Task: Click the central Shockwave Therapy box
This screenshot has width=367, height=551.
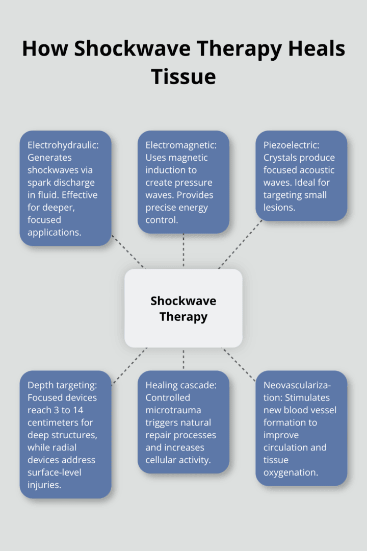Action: pyautogui.click(x=183, y=308)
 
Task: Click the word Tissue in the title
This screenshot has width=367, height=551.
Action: pyautogui.click(x=183, y=77)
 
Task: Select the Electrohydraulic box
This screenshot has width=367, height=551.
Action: pyautogui.click(x=65, y=188)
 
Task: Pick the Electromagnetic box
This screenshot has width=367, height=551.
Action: pyautogui.click(x=183, y=182)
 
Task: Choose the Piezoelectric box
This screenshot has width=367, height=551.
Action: pyautogui.click(x=301, y=176)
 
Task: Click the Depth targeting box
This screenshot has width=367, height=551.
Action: pyautogui.click(x=65, y=434)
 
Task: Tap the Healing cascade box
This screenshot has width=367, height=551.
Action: pyautogui.click(x=183, y=422)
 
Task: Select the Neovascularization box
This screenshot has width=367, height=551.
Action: pyautogui.click(x=301, y=428)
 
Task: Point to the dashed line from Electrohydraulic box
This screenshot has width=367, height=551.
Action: pyautogui.click(x=127, y=256)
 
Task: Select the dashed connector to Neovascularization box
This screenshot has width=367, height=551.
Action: pyautogui.click(x=239, y=365)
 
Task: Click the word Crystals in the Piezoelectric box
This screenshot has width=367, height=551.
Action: pyautogui.click(x=279, y=158)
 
